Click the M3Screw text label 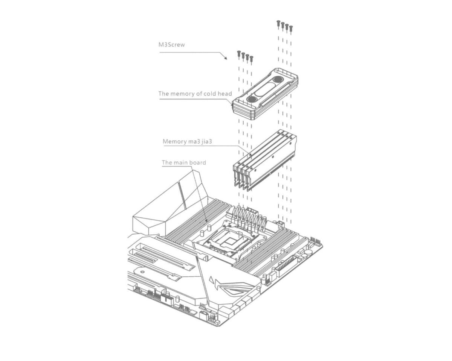(x=171, y=45)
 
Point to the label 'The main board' (x=184, y=162)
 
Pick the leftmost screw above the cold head (x=239, y=54)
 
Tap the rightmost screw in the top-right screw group (x=291, y=29)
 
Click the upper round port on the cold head (x=278, y=79)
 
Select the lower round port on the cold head (x=252, y=99)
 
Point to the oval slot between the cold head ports (x=265, y=89)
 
